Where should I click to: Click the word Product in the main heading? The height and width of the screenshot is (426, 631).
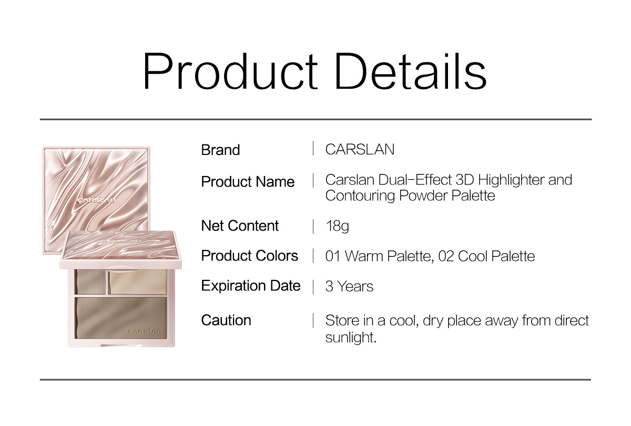click(230, 71)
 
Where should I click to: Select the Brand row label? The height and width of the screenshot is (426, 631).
click(220, 150)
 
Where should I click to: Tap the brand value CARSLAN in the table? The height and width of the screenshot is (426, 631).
click(360, 149)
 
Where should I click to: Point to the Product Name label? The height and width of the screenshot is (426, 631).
click(248, 182)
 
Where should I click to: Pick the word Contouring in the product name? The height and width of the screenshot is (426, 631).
click(360, 196)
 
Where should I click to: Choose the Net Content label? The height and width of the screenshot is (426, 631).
click(240, 226)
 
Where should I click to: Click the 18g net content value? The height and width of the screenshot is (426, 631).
click(337, 226)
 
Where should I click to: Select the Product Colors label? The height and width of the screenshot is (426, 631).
click(249, 256)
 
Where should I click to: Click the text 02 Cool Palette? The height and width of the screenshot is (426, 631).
click(486, 256)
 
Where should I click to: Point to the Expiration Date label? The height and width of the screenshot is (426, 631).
click(251, 286)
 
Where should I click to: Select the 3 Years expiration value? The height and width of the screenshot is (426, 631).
click(349, 286)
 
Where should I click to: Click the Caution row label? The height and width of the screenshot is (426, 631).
click(226, 320)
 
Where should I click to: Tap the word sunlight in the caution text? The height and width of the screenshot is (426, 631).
click(351, 337)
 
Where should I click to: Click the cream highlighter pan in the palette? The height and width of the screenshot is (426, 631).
click(138, 282)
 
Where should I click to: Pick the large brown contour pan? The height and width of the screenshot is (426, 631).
click(121, 318)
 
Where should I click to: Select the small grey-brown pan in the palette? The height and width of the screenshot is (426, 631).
click(90, 282)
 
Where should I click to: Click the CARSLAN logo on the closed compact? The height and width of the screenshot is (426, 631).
click(96, 200)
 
